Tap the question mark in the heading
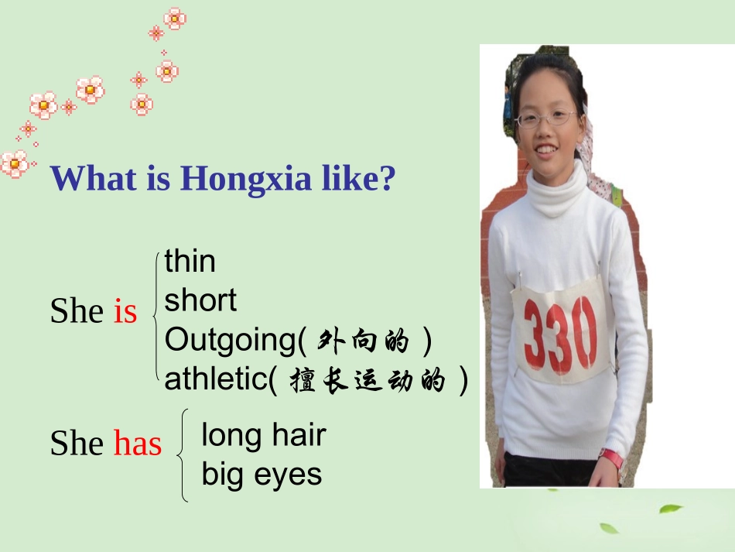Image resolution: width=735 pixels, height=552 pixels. click(386, 180)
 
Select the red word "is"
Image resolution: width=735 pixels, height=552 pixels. click(125, 311)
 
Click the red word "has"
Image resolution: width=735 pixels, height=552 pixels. click(138, 444)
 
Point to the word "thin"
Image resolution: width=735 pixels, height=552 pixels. click(190, 262)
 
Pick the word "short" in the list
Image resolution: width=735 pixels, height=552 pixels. click(200, 300)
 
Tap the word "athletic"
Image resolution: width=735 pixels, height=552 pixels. click(216, 379)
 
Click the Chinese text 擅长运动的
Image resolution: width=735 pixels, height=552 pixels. click(368, 381)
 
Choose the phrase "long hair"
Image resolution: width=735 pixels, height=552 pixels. click(263, 435)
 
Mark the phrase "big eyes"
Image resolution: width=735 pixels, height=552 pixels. click(262, 474)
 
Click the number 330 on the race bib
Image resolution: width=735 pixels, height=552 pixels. click(560, 333)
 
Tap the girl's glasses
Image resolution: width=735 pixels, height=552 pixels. click(546, 119)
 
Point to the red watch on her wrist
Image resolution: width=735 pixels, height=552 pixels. click(611, 458)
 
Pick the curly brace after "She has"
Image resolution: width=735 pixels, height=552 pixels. click(183, 455)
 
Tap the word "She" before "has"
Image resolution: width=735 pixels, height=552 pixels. click(77, 444)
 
